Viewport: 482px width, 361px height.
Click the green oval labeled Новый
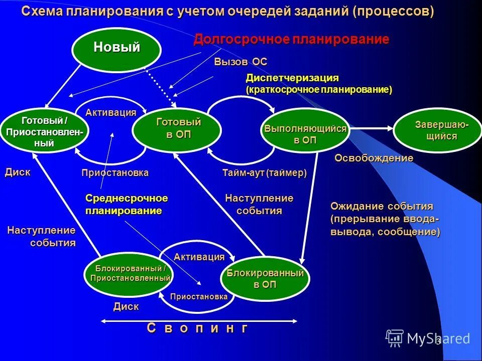pyautogui.click(x=116, y=48)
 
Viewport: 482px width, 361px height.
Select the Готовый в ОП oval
pyautogui.click(x=177, y=128)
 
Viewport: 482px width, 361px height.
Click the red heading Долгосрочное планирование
pyautogui.click(x=291, y=40)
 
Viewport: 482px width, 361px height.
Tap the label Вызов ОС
pyautogui.click(x=240, y=62)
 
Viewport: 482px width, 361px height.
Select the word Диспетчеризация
pyautogui.click(x=292, y=78)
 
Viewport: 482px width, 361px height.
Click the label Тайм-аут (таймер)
pyautogui.click(x=264, y=173)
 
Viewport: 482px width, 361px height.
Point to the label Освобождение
pyautogui.click(x=374, y=158)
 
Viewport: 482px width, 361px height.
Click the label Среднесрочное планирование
pyautogui.click(x=127, y=205)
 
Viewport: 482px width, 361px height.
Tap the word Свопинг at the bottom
pyautogui.click(x=197, y=328)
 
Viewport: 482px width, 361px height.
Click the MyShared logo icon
pyautogui.click(x=394, y=338)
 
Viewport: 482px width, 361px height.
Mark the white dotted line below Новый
pyautogui.click(x=160, y=85)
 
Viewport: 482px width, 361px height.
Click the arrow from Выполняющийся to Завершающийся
pyautogui.click(x=372, y=129)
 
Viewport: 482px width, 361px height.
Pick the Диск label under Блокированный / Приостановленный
pyautogui.click(x=126, y=306)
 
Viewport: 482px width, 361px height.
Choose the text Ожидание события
pyautogui.click(x=382, y=207)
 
